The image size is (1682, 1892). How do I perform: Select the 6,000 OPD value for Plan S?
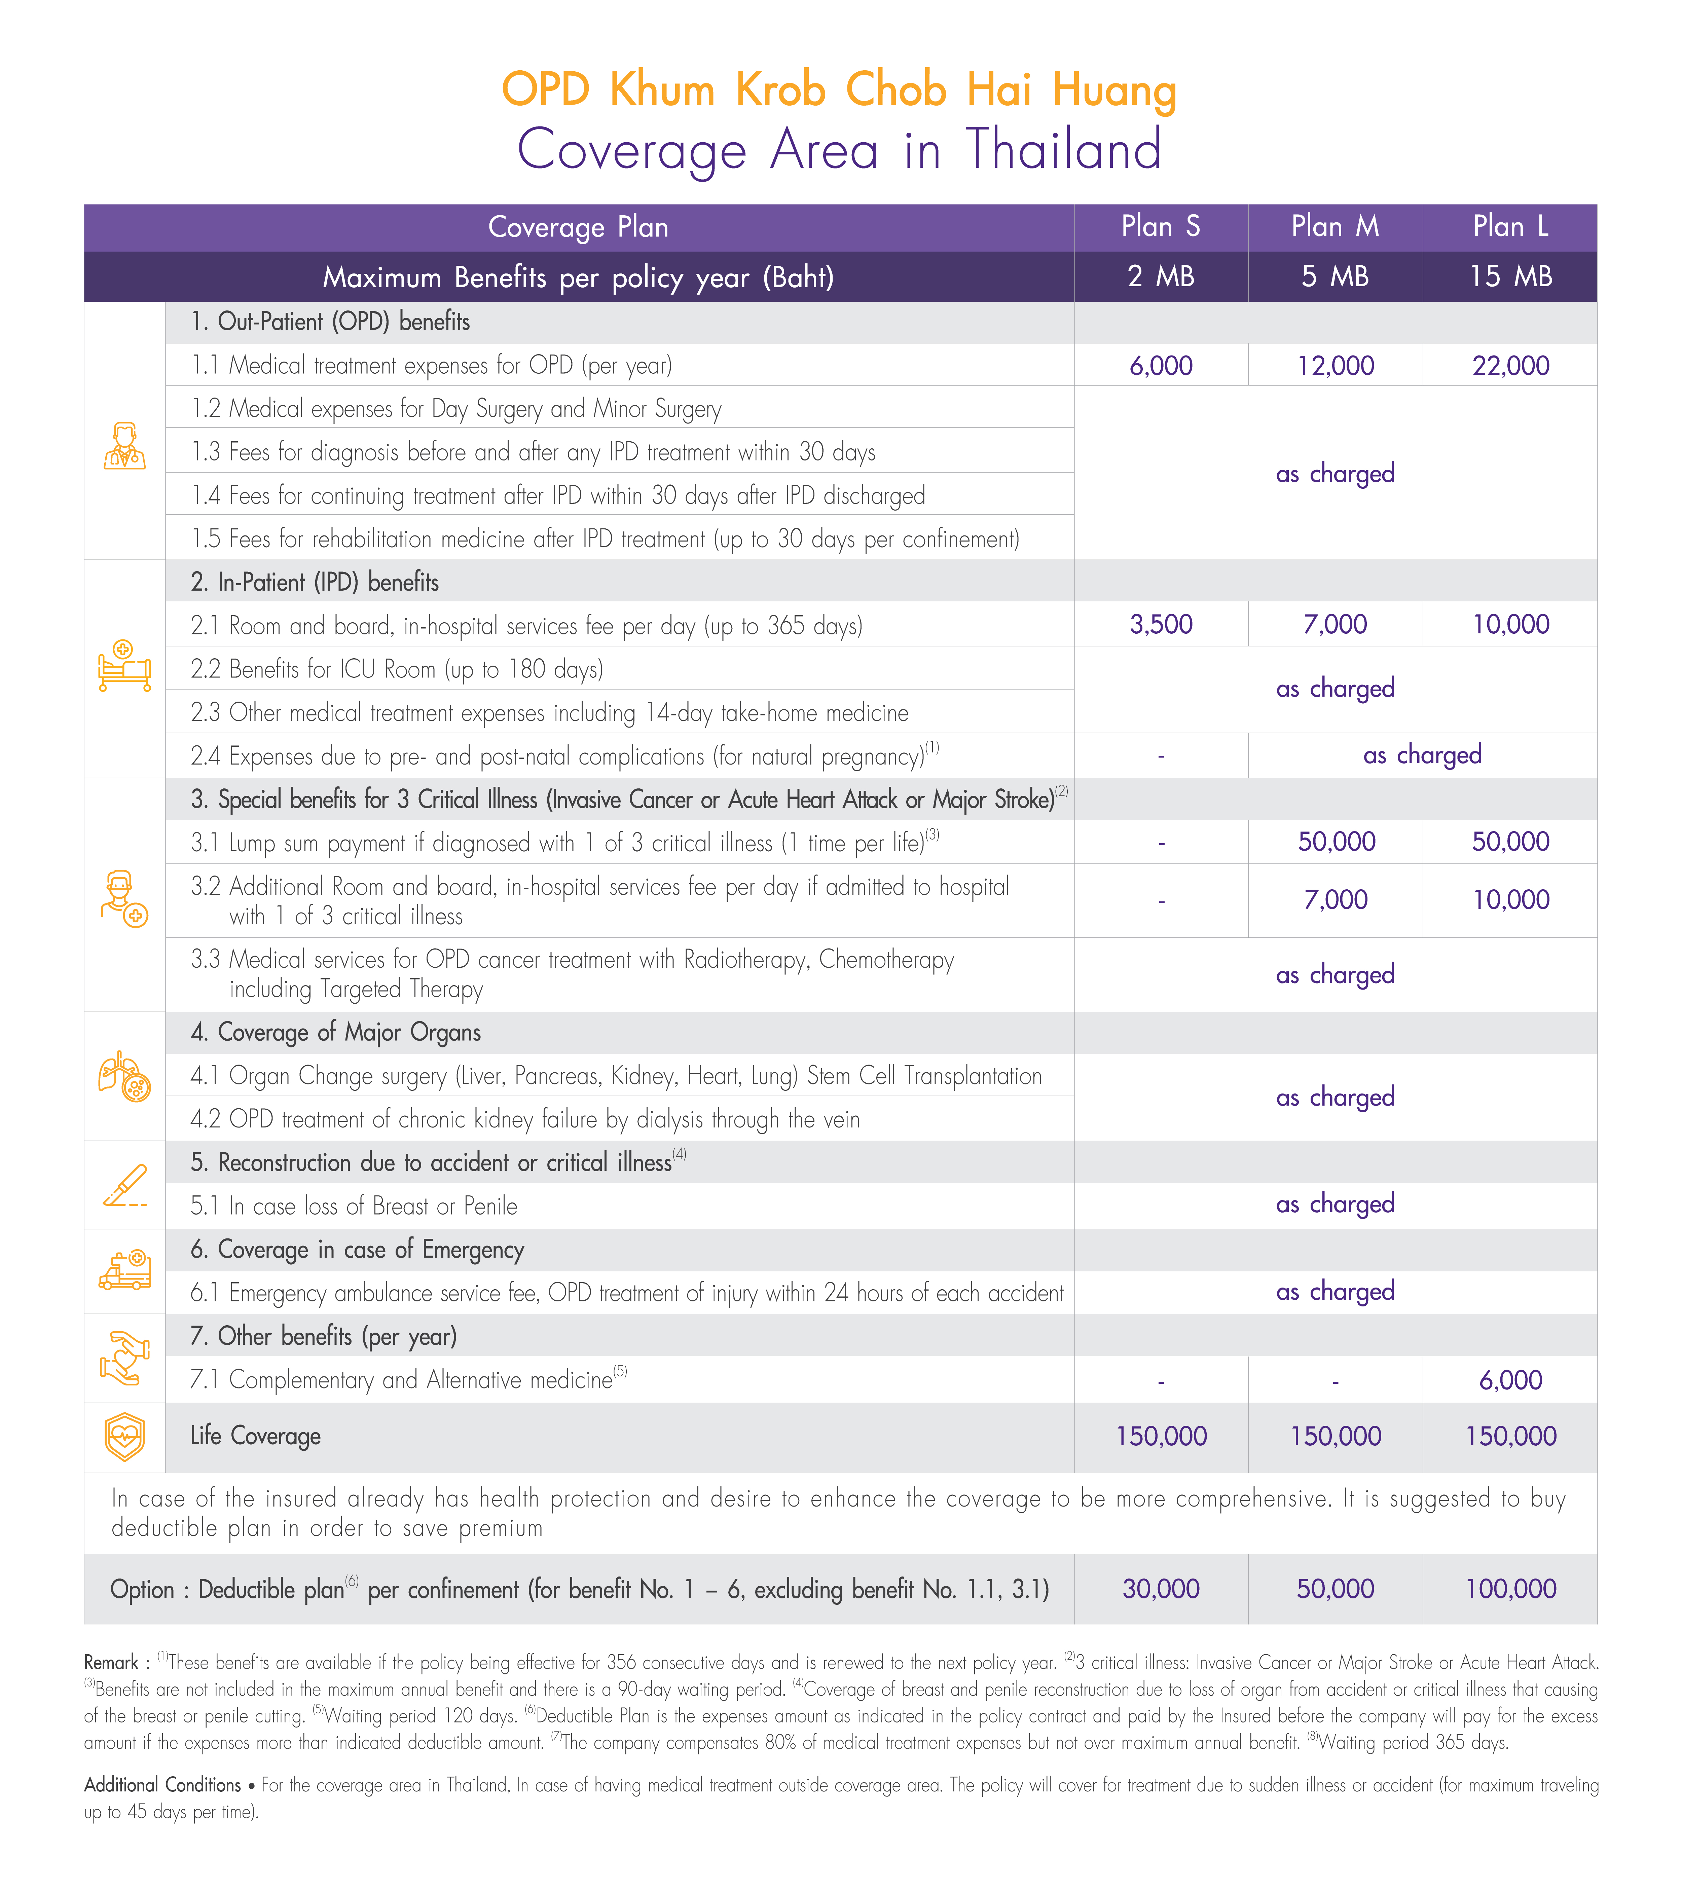coord(1161,366)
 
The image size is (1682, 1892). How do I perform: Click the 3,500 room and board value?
coord(1161,625)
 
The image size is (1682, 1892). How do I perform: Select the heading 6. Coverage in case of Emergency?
coord(357,1250)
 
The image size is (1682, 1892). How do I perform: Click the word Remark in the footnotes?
coord(111,1663)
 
